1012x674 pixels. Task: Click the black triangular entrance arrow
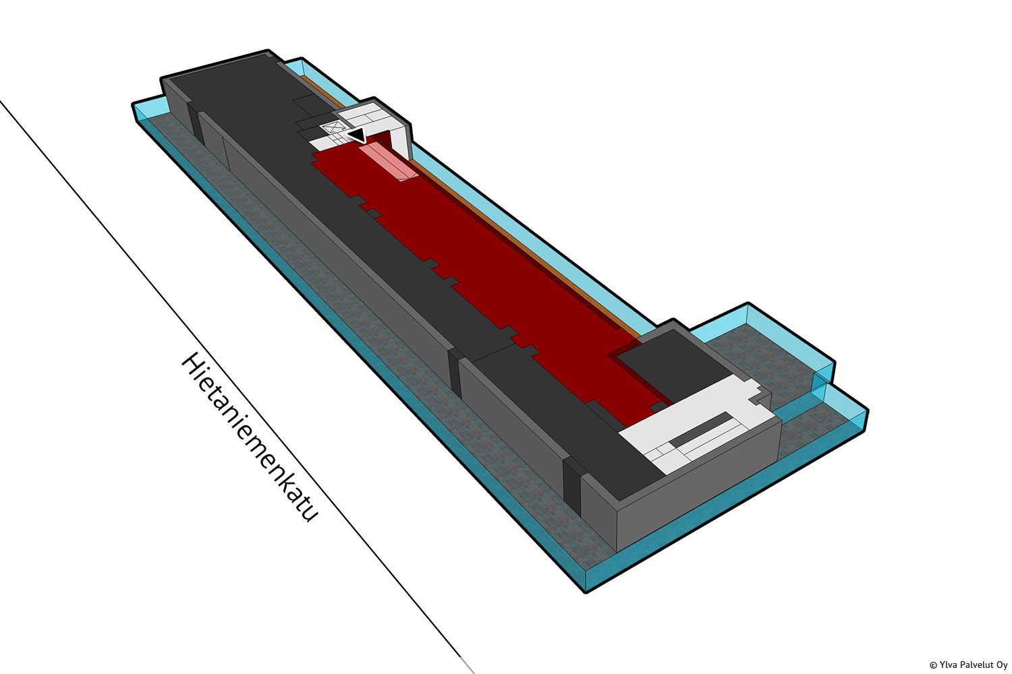358,135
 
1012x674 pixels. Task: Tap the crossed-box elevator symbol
332,128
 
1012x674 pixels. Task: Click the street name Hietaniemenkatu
249,438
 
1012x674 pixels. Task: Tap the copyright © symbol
933,665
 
